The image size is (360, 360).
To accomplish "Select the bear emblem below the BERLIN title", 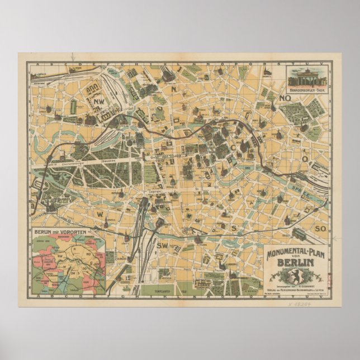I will click(x=292, y=276).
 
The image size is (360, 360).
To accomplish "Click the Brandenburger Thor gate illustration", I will click(x=309, y=75).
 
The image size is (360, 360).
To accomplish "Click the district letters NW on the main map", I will click(x=99, y=101).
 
